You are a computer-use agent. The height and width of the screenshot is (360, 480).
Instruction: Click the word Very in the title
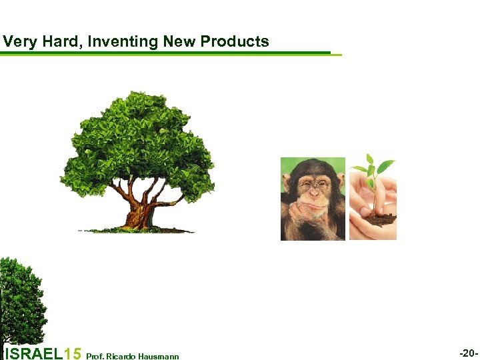tap(17, 42)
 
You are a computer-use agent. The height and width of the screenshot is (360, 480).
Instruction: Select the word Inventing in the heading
tap(122, 42)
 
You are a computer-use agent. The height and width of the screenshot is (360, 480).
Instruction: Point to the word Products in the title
tap(235, 42)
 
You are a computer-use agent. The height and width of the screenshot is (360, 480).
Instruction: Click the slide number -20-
tap(469, 353)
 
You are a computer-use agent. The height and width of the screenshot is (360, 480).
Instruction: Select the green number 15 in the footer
tap(74, 353)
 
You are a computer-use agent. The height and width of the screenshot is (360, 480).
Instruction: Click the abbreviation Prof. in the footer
tap(94, 357)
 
